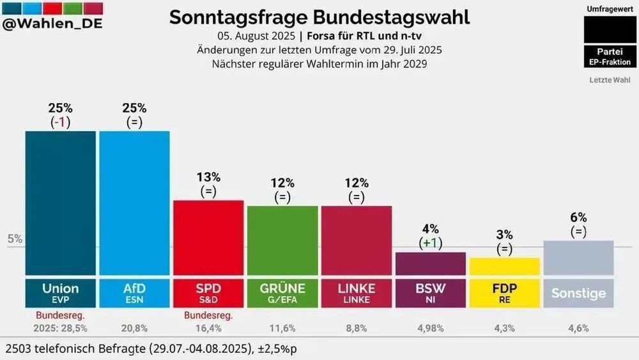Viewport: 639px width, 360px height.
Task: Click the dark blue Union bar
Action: tap(61, 203)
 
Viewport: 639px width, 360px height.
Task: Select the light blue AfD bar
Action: tap(134, 203)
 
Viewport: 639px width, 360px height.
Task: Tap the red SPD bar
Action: tap(208, 237)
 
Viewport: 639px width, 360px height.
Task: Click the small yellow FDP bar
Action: tap(505, 267)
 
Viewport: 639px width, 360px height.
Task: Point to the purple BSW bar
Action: tap(431, 263)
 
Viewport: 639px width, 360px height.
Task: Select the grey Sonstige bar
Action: tap(578, 258)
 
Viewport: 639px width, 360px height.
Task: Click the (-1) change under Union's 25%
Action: tap(61, 123)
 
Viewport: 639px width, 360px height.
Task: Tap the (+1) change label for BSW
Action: tap(431, 243)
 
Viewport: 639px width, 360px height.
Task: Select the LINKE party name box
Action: tap(357, 293)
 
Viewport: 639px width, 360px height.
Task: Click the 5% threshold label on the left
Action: tap(15, 239)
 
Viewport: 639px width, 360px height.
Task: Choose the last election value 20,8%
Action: tap(134, 328)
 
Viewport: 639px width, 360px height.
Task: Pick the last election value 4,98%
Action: tap(431, 328)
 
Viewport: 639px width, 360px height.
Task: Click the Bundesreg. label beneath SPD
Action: tap(208, 315)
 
